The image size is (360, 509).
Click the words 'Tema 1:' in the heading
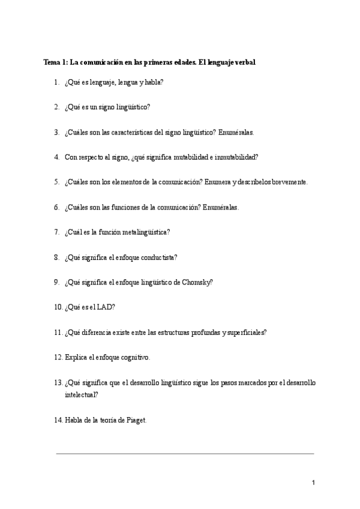point(56,62)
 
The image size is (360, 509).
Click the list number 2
point(56,107)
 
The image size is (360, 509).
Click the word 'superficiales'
point(245,332)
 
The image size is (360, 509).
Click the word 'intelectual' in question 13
point(80,395)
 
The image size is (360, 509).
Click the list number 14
point(58,420)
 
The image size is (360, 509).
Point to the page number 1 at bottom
point(313,483)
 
